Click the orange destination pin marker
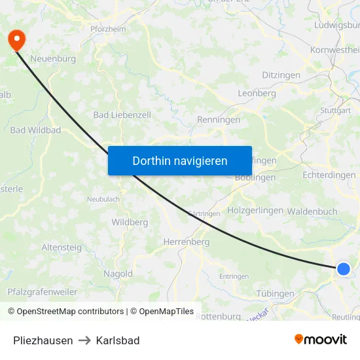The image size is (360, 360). tap(16, 41)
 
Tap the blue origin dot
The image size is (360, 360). tap(344, 268)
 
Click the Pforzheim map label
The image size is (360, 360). tap(108, 29)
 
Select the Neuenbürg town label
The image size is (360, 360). tap(53, 58)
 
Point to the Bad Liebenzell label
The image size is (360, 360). tap(122, 115)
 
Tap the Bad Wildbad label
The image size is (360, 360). tap(35, 130)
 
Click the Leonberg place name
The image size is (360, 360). tap(257, 94)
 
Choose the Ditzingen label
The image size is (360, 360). tap(281, 75)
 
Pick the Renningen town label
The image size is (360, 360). tap(219, 120)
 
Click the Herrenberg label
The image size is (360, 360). tap(186, 242)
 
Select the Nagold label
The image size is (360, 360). tap(118, 274)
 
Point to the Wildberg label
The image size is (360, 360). tap(130, 222)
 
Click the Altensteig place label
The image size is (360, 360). tap(62, 247)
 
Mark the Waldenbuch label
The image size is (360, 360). tap(312, 211)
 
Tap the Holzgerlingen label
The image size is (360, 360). tap(255, 211)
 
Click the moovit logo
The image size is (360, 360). tap(321, 339)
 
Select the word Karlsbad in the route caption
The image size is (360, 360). tap(118, 340)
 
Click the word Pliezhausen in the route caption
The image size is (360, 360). tap(43, 340)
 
